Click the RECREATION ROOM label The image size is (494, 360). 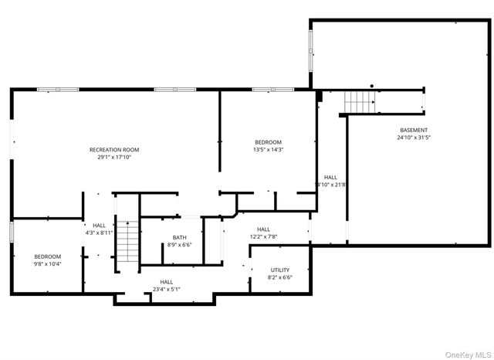pos(114,149)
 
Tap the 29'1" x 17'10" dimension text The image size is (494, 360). pos(114,157)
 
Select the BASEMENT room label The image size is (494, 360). pos(414,130)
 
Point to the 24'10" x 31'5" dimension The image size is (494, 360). pos(414,138)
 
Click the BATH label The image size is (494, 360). pos(179,237)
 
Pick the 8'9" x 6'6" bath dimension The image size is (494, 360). pos(179,245)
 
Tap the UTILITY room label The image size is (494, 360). pos(279,270)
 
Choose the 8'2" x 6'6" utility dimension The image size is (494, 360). pos(279,277)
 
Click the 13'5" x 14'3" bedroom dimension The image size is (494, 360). pos(269,150)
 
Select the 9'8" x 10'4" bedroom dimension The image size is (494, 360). pos(47,264)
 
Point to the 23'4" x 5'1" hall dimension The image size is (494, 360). pos(167,290)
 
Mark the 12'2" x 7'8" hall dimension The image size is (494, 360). pos(263,236)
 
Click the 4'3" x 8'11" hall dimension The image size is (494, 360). pos(100,233)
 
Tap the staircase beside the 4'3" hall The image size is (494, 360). pos(127,242)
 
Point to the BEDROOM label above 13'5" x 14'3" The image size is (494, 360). pos(269,142)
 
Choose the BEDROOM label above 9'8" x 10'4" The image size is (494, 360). pos(47,256)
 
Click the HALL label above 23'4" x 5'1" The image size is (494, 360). pos(167,282)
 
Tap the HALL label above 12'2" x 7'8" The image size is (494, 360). pos(263,229)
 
